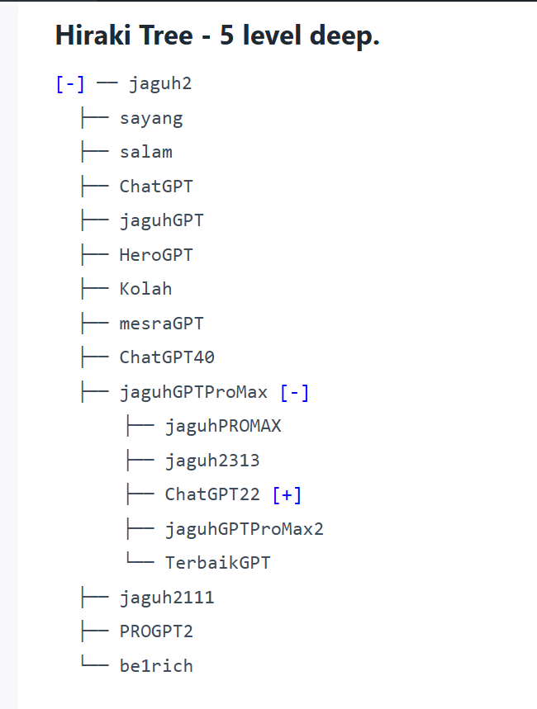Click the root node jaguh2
click(x=160, y=83)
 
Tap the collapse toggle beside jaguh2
click(x=69, y=83)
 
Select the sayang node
click(x=151, y=118)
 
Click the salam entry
click(x=145, y=152)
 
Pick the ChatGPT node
click(x=156, y=187)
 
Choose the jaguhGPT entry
click(x=161, y=220)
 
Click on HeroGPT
click(x=156, y=255)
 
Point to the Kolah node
click(x=145, y=289)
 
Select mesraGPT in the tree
click(x=161, y=324)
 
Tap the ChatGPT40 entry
click(x=167, y=357)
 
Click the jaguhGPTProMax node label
click(x=193, y=392)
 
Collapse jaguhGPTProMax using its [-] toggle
click(x=295, y=392)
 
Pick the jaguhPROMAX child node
click(x=223, y=426)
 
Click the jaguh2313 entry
click(x=212, y=461)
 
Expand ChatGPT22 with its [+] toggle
click(x=287, y=494)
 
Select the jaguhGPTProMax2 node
click(x=244, y=529)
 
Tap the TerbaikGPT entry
click(x=217, y=563)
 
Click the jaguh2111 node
click(x=167, y=598)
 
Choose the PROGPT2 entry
click(x=156, y=631)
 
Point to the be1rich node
click(x=156, y=666)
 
